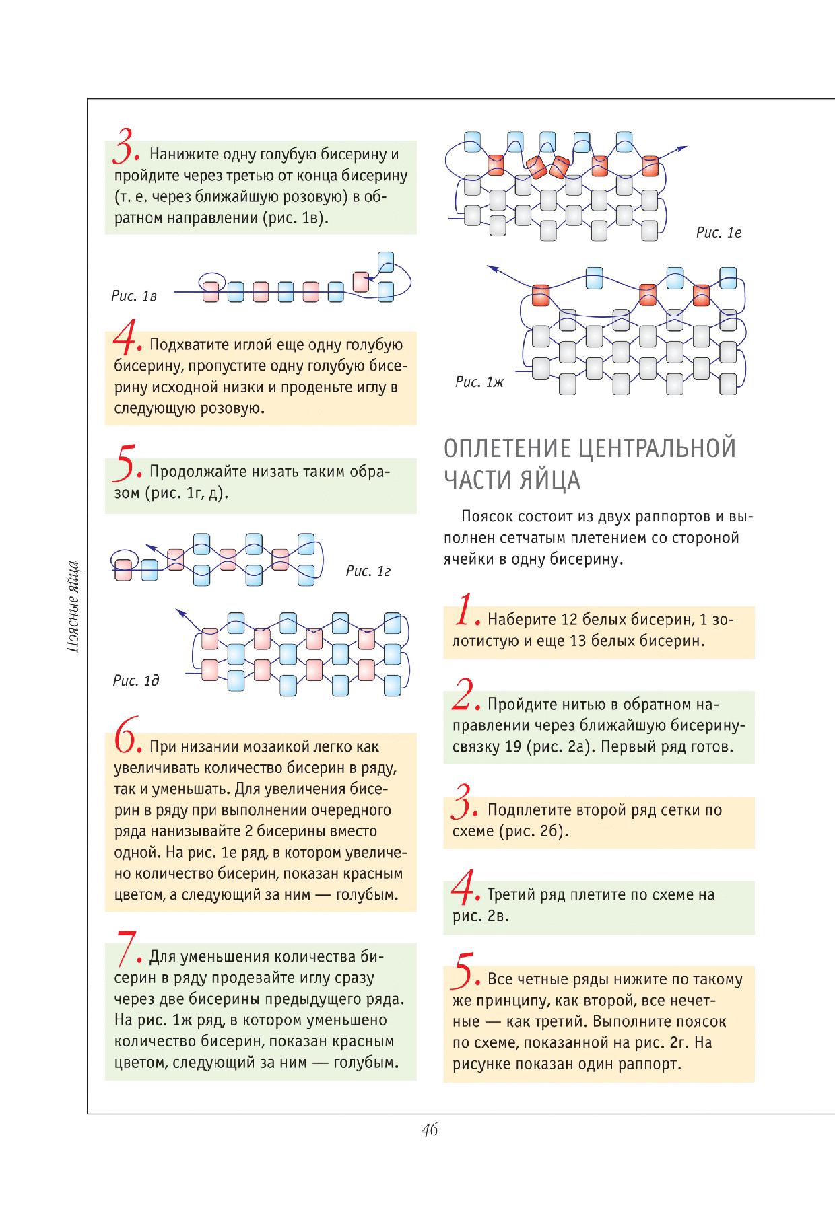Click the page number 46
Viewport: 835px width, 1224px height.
tap(430, 1130)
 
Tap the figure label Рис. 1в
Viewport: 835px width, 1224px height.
tap(134, 296)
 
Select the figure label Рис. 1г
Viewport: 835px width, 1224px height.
tap(368, 571)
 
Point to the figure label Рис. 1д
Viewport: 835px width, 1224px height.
tap(136, 680)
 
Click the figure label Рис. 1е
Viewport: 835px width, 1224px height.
tap(719, 233)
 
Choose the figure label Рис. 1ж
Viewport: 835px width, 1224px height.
tap(479, 382)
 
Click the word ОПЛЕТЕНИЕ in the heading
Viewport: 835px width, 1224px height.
tap(506, 449)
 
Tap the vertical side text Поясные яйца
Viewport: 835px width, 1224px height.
tap(75, 606)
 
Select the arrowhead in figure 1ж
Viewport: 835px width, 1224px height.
tap(492, 268)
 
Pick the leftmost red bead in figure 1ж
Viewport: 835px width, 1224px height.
tap(541, 295)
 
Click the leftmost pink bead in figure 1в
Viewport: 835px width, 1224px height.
tap(210, 292)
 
